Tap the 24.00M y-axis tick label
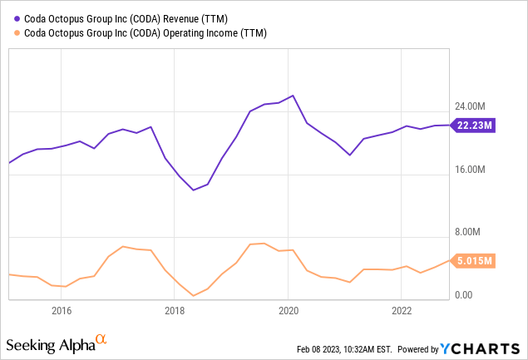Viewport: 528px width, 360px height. [x=470, y=107]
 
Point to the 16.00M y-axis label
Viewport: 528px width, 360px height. [x=470, y=170]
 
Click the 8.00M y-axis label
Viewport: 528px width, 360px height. [x=467, y=233]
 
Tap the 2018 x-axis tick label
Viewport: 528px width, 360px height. [x=175, y=312]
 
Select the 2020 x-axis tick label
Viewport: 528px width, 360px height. [x=289, y=312]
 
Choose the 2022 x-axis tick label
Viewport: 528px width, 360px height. [x=402, y=312]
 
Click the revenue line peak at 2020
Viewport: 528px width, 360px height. [x=292, y=96]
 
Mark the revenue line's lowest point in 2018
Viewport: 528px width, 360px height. [x=193, y=190]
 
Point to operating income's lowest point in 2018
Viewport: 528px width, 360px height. [x=193, y=295]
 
